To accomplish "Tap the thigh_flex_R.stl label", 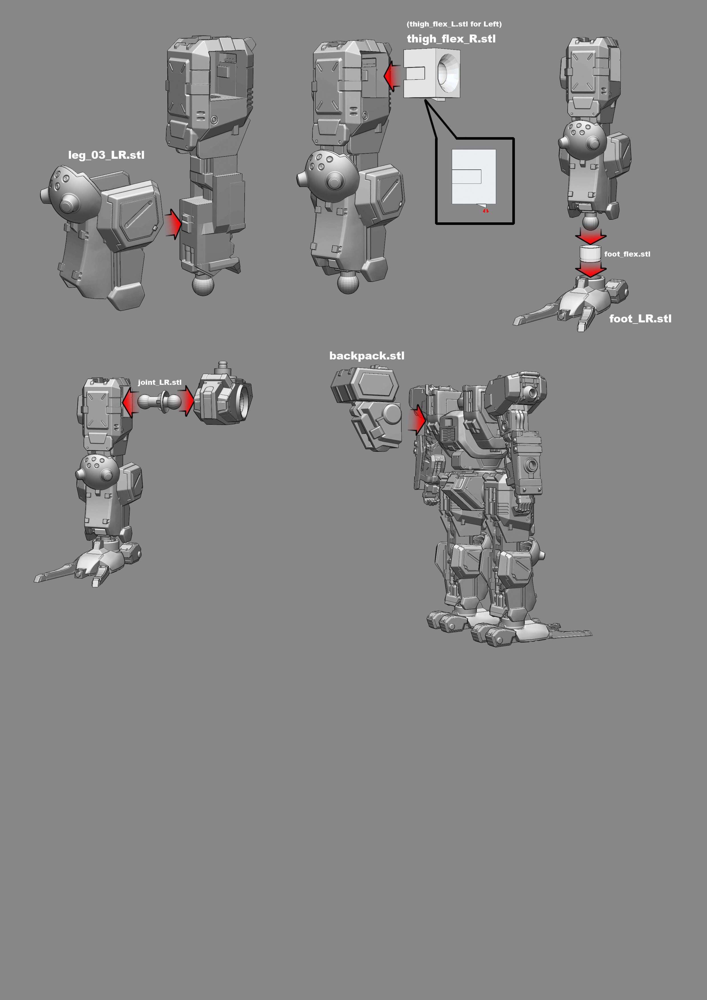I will [x=451, y=39].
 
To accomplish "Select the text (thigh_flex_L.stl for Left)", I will [x=454, y=24].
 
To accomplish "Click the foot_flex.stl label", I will [x=627, y=254].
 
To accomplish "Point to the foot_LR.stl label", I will [x=640, y=319].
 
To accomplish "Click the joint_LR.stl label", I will [x=159, y=382].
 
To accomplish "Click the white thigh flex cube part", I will [x=431, y=74].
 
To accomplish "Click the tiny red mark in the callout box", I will [x=485, y=211].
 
